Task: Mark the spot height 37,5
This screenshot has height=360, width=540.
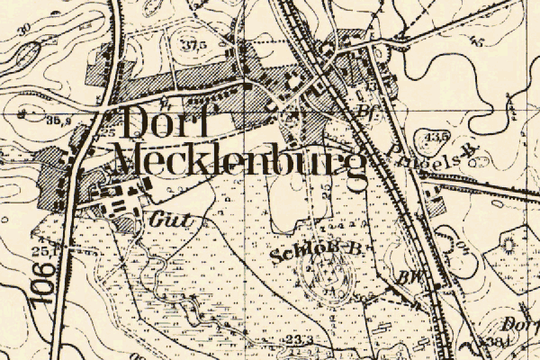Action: point(191,44)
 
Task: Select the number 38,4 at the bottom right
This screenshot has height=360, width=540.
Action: point(493,343)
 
